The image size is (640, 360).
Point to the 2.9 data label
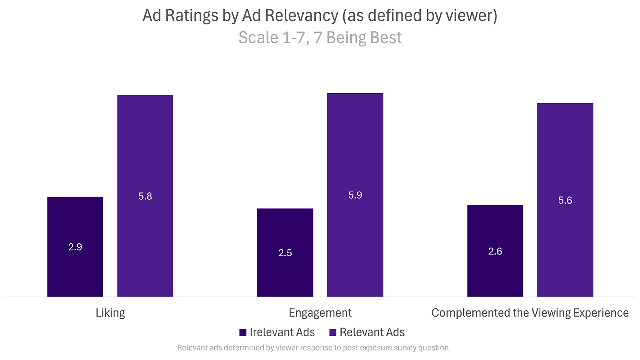coord(75,247)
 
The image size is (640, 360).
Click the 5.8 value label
coord(145,196)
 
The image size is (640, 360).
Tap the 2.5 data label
coord(285,253)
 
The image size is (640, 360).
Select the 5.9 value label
coord(355,195)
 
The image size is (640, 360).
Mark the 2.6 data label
coord(495,251)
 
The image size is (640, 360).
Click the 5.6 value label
coord(565,200)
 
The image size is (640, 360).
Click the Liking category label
coord(110,313)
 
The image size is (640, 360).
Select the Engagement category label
coord(320,313)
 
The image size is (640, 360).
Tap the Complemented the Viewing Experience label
coord(530,313)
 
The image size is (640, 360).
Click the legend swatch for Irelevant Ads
coord(243,332)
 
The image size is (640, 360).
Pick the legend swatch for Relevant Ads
coord(333,332)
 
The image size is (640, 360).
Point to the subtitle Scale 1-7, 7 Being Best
coord(320,38)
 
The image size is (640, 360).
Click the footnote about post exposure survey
coord(314,348)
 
